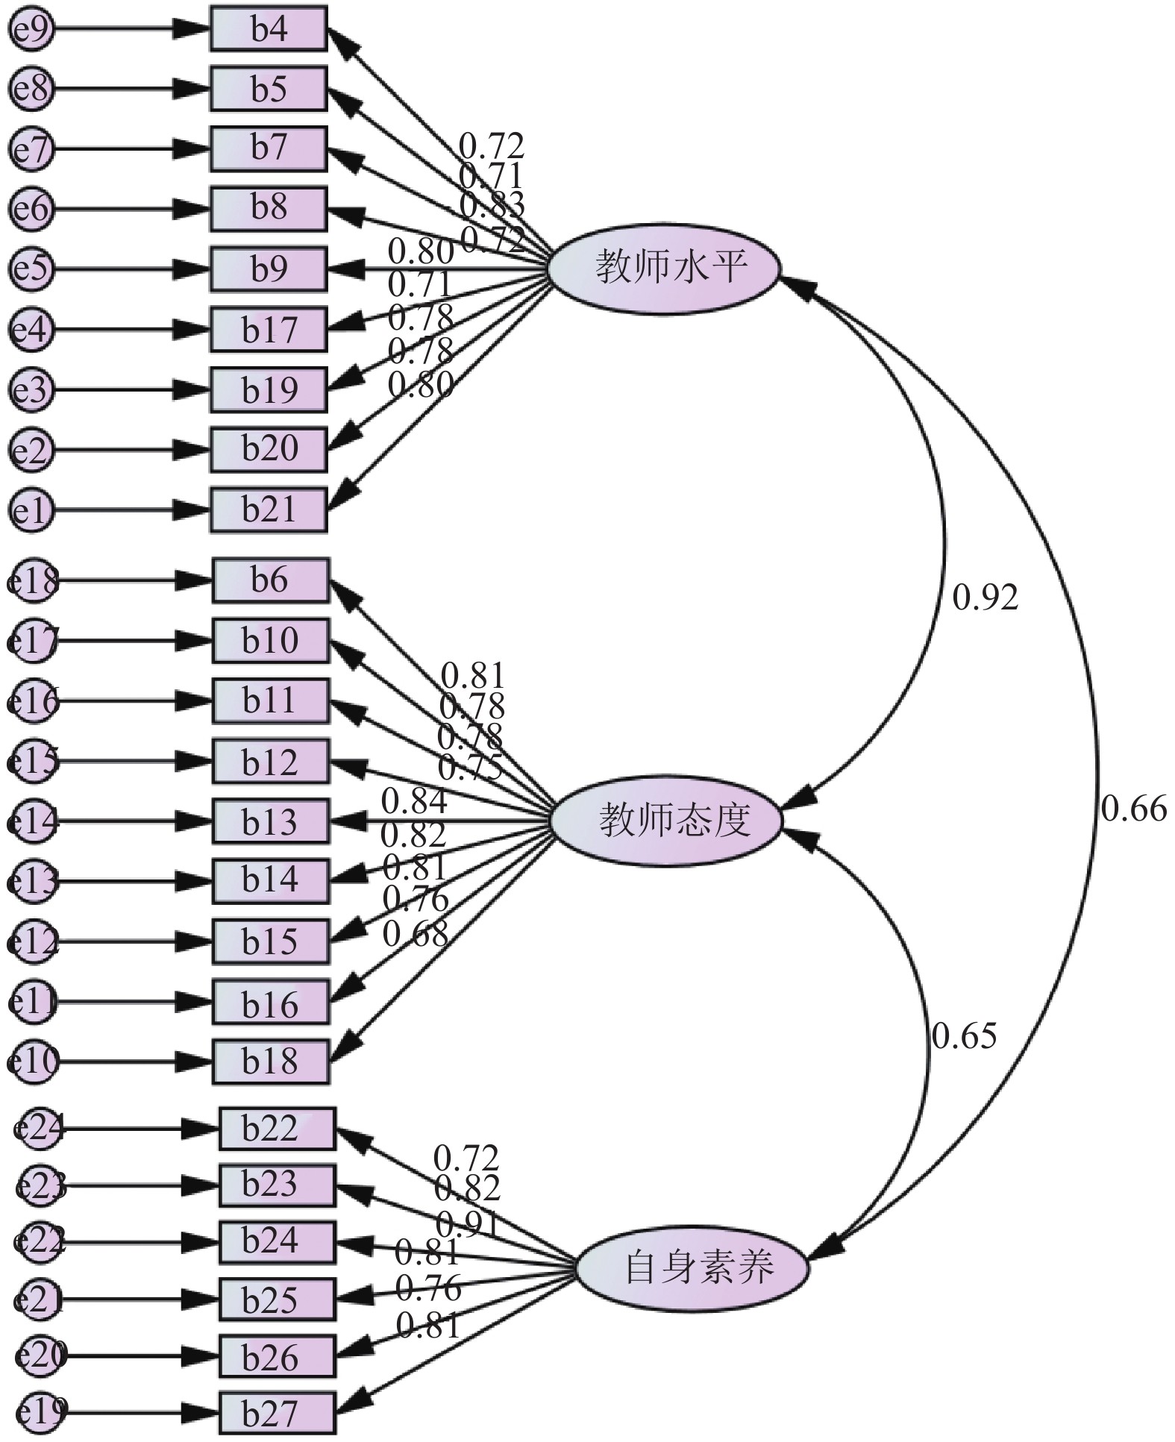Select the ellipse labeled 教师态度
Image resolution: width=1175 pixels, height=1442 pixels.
(x=666, y=821)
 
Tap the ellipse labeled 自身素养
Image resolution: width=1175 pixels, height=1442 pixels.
(x=692, y=1267)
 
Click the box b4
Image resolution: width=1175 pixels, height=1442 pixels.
(x=269, y=29)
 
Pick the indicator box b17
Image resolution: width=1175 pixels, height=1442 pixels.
(x=269, y=329)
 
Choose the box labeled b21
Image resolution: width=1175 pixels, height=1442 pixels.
(x=269, y=510)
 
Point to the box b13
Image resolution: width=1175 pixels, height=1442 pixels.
(x=270, y=821)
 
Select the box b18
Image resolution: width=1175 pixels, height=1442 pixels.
(x=270, y=1061)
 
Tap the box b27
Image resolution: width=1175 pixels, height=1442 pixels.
(x=277, y=1412)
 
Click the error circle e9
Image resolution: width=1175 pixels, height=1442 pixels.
(x=31, y=30)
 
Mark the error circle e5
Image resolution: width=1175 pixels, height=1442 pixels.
(x=31, y=269)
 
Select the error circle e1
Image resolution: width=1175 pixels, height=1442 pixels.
(x=31, y=510)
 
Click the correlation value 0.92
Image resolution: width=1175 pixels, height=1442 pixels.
(x=985, y=598)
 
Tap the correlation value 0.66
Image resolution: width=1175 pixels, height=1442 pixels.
(x=1133, y=809)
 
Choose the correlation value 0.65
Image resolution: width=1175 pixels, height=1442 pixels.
(x=964, y=1036)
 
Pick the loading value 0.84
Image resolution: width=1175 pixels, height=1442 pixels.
(x=414, y=801)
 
